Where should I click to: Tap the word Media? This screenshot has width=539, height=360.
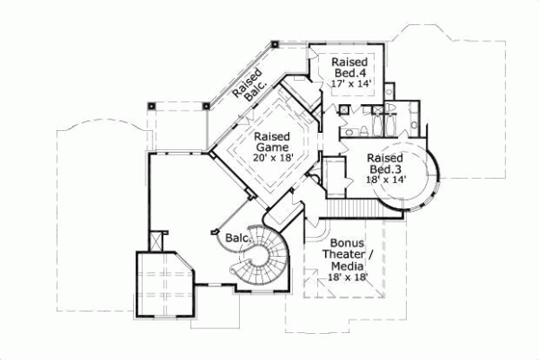pos(345,267)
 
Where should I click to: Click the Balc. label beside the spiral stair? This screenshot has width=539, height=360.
pos(236,238)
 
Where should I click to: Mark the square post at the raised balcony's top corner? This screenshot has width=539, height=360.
pos(273,42)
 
